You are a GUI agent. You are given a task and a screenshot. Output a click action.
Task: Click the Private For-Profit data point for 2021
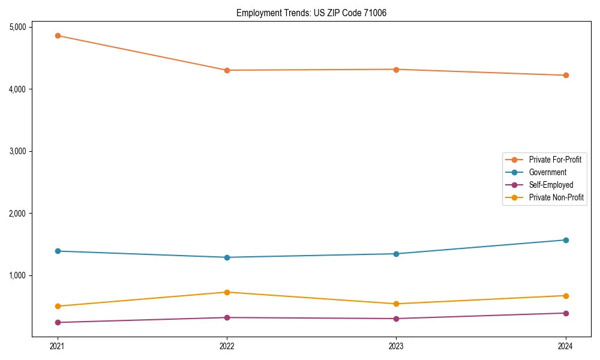[58, 35]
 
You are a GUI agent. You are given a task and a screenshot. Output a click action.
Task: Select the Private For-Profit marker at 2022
[227, 70]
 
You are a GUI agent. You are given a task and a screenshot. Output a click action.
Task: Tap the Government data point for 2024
[566, 240]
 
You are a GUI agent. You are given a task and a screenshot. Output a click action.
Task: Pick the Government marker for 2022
[227, 257]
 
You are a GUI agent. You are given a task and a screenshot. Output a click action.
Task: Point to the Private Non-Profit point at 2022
[227, 292]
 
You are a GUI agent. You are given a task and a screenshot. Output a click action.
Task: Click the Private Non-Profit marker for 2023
[397, 304]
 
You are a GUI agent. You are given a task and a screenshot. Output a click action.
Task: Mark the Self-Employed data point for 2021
[58, 322]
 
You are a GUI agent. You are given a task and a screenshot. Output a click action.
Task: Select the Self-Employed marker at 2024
[566, 313]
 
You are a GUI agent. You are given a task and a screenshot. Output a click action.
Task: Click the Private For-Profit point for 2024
[566, 75]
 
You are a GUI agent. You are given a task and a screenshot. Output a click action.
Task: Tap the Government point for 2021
[58, 251]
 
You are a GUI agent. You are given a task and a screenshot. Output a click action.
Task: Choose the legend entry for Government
[547, 172]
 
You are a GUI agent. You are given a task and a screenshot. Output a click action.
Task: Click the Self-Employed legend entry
[551, 185]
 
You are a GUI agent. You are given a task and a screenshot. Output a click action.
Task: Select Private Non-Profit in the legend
[556, 197]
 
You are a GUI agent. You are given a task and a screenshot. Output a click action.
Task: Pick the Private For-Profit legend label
[555, 160]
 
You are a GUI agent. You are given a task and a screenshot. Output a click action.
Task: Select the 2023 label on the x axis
[397, 346]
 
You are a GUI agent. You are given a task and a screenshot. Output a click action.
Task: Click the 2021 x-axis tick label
[58, 346]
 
